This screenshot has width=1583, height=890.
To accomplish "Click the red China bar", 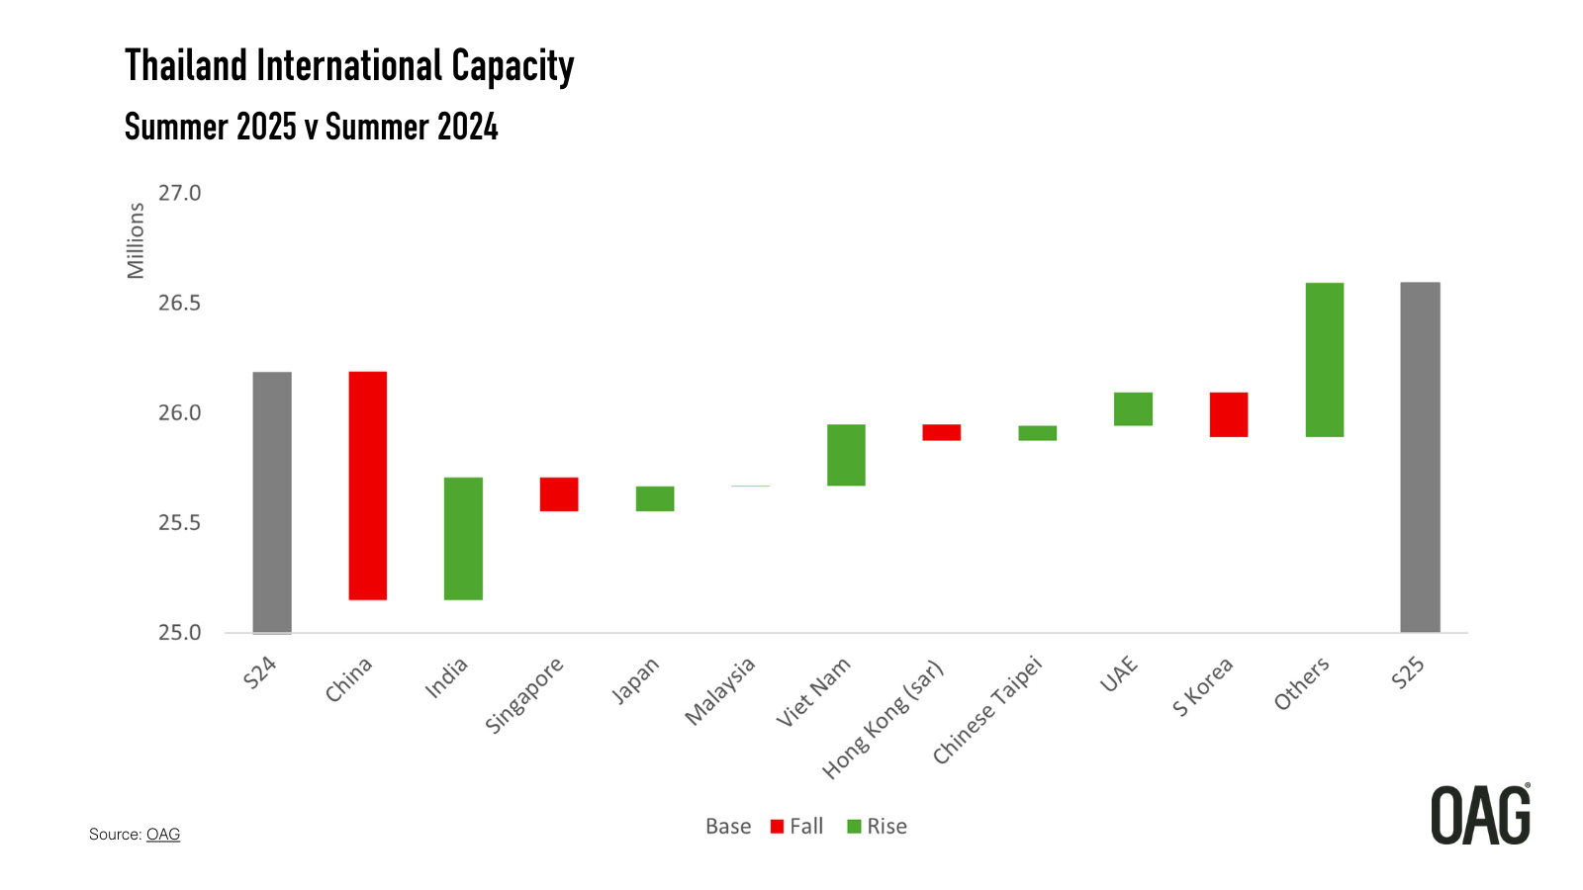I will click(367, 486).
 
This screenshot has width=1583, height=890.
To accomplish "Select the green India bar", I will click(463, 538).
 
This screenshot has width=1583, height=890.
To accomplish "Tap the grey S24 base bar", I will click(272, 501).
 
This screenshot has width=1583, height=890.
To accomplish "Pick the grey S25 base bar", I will click(1420, 457).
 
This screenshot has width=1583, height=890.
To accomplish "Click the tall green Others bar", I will click(1324, 359).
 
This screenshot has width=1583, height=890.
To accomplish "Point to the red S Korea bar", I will click(1228, 414).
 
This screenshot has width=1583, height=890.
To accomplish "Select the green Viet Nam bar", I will click(846, 455).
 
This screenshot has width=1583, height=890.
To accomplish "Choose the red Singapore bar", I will click(559, 493).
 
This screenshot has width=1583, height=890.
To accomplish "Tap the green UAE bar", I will click(1133, 408).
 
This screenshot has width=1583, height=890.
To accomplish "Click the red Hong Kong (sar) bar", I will click(941, 432).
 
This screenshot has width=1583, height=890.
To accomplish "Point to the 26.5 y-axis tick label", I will click(179, 304).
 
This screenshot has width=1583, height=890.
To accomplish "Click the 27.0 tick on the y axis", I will click(179, 194).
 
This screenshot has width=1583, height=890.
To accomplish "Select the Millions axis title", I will click(136, 240).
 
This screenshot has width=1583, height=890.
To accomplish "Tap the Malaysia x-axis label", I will click(720, 690).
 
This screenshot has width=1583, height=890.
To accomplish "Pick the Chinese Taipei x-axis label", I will click(987, 710).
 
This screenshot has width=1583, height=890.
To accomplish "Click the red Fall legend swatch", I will click(777, 827).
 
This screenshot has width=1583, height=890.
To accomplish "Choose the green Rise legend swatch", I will click(854, 827).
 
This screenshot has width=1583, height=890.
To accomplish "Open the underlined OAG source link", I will click(163, 835).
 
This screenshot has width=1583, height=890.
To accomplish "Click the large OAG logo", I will click(1480, 816).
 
